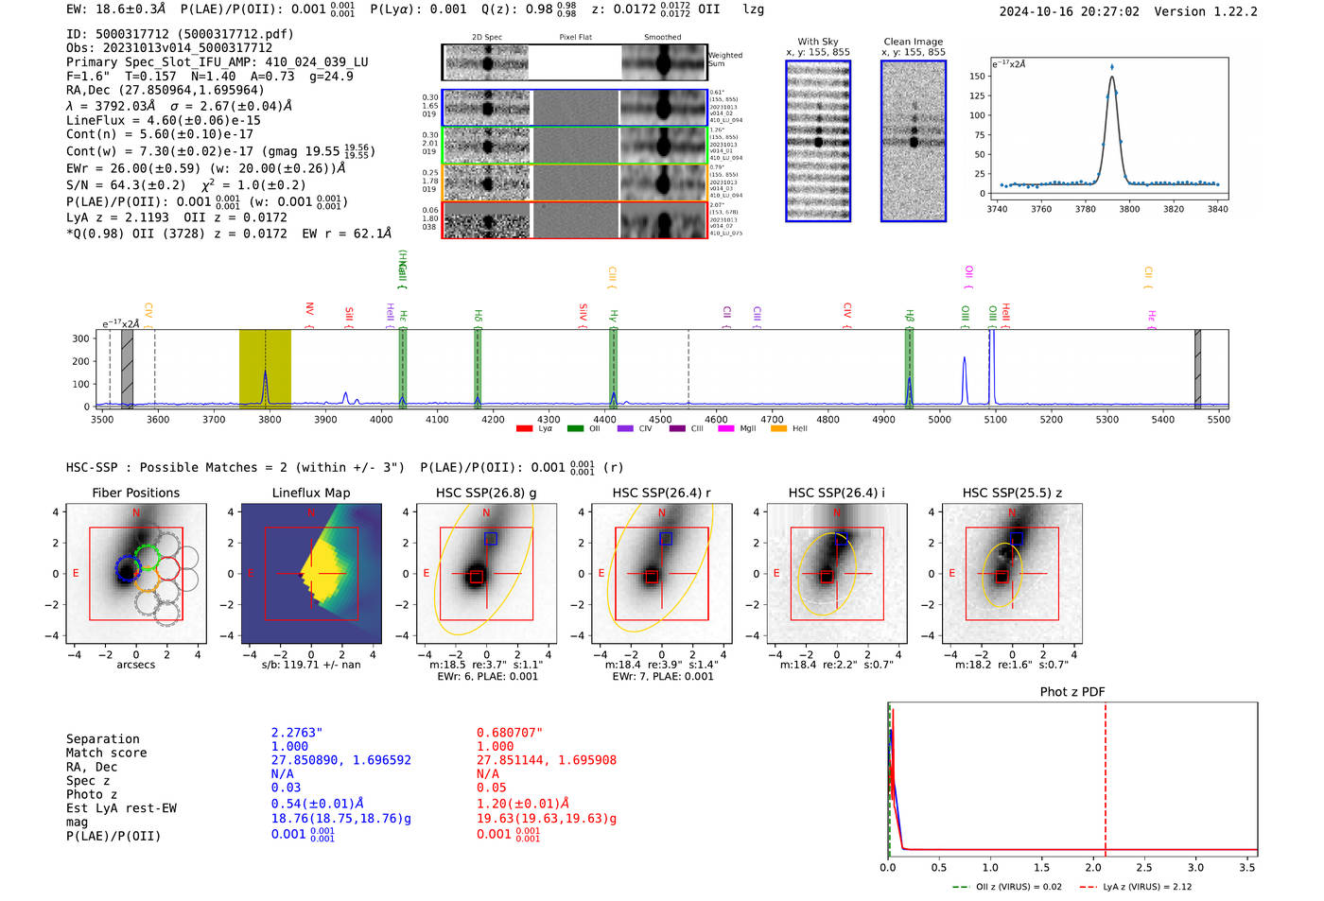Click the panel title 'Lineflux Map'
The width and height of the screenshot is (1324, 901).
point(310,493)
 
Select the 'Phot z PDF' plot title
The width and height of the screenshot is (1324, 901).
point(1072,692)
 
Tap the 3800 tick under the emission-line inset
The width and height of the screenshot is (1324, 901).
point(1129,209)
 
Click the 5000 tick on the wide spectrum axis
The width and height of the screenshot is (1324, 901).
point(939,420)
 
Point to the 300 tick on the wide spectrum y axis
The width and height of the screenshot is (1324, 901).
point(80,338)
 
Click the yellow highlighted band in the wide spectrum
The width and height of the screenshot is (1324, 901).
point(265,369)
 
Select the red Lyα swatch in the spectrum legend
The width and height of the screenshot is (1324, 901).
point(525,429)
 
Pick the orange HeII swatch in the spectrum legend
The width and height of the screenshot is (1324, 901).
point(778,429)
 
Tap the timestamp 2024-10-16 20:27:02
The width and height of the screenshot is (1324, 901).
point(1069,12)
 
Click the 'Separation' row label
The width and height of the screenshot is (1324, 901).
point(102,739)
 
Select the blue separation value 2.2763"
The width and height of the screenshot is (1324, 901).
point(297,733)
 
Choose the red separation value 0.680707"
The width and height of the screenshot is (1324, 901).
point(510,733)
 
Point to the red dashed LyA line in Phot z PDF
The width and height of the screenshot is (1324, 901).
point(1105,775)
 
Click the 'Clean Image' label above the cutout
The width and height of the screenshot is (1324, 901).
point(913,42)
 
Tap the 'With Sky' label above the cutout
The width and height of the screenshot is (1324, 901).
point(817,42)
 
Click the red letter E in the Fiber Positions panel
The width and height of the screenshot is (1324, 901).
point(76,574)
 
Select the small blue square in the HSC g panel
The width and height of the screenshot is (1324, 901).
point(490,539)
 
